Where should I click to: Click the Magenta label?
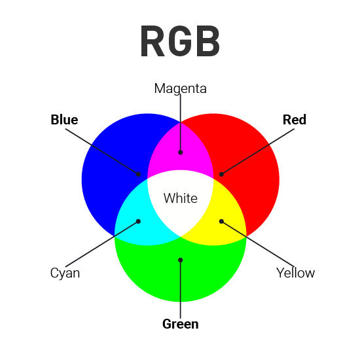point(180,88)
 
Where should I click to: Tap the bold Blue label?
point(64,120)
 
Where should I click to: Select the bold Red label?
point(295,120)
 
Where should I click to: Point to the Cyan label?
point(65,273)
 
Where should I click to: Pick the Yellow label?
point(295,273)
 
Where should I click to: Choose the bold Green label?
point(180,324)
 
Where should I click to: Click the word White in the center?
point(180,198)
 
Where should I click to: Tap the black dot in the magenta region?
point(180,153)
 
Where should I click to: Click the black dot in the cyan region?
point(139,221)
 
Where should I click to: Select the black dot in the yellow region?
point(221,221)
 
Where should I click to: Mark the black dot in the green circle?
point(180,260)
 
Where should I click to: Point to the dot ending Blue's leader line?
point(139,174)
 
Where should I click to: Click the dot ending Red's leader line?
point(221,174)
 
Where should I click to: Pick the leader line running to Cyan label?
point(105,245)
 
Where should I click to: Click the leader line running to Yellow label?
point(255,245)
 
